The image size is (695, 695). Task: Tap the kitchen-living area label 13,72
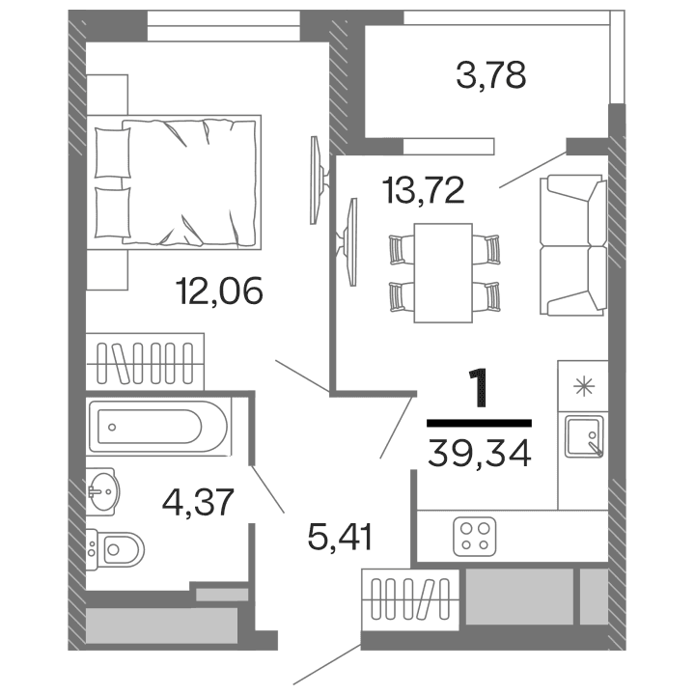(x=423, y=188)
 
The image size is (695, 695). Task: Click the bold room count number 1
(x=479, y=389)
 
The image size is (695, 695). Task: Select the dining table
(x=443, y=272)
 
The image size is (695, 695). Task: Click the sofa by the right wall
(x=574, y=244)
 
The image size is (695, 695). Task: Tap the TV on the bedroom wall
(x=314, y=181)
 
